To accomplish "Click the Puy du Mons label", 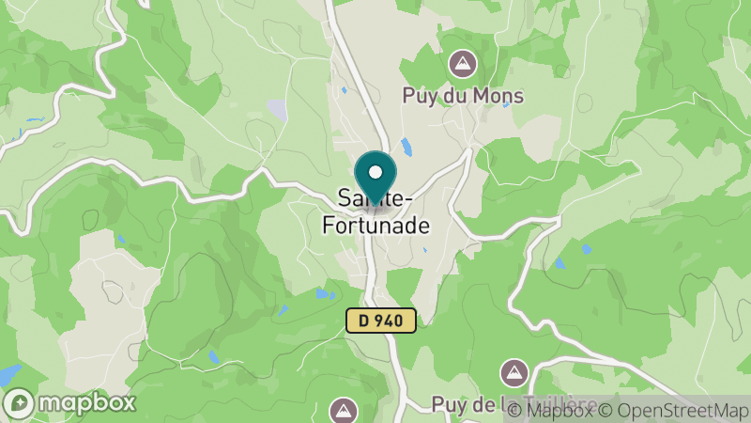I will pyautogui.click(x=462, y=96).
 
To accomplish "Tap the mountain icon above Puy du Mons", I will pyautogui.click(x=462, y=65).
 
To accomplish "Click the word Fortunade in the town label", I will pyautogui.click(x=375, y=226).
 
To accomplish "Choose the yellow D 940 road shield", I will pyautogui.click(x=380, y=321).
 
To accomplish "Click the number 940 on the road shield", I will pyautogui.click(x=390, y=321).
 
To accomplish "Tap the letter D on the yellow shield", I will pyautogui.click(x=362, y=321).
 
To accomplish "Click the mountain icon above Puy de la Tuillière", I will pyautogui.click(x=513, y=372).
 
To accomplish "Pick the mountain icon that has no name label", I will pyautogui.click(x=344, y=410).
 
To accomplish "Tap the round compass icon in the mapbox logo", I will pyautogui.click(x=21, y=402).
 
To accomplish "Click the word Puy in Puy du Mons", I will pyautogui.click(x=418, y=96).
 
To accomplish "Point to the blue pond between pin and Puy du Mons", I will pyautogui.click(x=406, y=148).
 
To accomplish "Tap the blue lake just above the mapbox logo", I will pyautogui.click(x=9, y=375).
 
